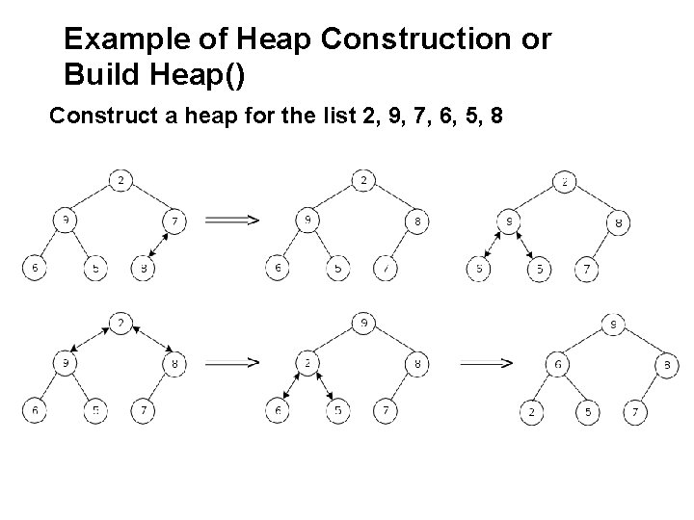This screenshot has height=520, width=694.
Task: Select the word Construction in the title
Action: coord(435,39)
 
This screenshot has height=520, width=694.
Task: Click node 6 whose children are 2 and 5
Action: coord(557,364)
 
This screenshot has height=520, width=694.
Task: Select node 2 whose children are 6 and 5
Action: coord(306,364)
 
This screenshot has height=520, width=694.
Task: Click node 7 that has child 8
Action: coord(174,221)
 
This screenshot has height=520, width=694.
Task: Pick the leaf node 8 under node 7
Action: coord(143,269)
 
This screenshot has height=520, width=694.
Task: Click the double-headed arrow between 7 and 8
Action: coord(159,246)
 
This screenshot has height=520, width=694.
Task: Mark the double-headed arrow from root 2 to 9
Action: coord(91,341)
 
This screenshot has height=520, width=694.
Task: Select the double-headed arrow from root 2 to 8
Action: coord(150,341)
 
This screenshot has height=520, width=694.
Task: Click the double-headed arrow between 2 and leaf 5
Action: coord(323,389)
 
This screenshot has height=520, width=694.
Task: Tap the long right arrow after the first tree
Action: coord(231,221)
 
